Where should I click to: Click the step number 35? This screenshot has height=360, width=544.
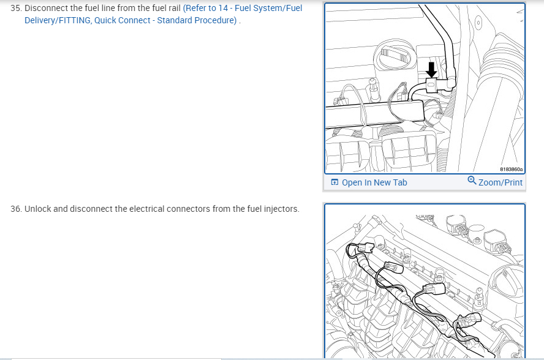click(x=15, y=8)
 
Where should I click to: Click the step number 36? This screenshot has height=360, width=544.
click(x=16, y=209)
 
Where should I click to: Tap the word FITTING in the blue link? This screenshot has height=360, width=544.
click(x=75, y=20)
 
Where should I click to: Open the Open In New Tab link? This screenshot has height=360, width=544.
click(x=374, y=182)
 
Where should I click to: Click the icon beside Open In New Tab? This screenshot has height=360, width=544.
click(x=334, y=182)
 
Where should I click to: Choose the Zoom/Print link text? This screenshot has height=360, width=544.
click(x=501, y=182)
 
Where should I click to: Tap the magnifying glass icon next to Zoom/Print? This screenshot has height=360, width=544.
click(x=472, y=181)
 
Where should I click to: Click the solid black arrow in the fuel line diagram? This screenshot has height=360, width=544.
click(x=431, y=70)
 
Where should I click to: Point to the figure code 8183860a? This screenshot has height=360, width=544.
click(x=511, y=169)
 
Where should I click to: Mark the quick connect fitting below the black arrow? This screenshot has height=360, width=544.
click(x=431, y=85)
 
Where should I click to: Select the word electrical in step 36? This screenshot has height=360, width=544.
click(x=145, y=209)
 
